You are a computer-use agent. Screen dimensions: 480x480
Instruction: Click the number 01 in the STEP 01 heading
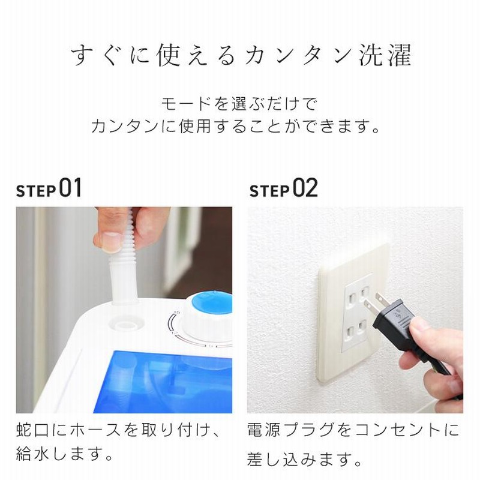70,188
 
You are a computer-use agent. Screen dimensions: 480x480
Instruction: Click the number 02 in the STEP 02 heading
305,188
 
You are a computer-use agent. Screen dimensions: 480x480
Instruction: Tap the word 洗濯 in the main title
385,55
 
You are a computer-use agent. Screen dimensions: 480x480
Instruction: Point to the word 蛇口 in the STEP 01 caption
33,430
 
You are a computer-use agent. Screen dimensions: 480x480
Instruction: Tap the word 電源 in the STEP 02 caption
263,430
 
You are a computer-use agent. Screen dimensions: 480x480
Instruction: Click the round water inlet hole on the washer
126,325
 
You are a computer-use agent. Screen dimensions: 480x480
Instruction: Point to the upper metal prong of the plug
383,298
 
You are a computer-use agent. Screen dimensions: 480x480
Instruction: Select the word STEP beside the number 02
269,191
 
